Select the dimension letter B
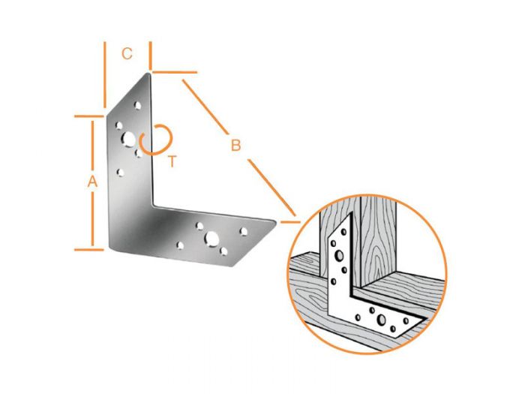pyautogui.click(x=235, y=145)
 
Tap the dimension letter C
pyautogui.click(x=127, y=53)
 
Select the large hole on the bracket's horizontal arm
pyautogui.click(x=212, y=238)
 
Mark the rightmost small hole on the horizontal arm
pyautogui.click(x=243, y=231)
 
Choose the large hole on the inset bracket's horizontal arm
pyautogui.click(x=382, y=320)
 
